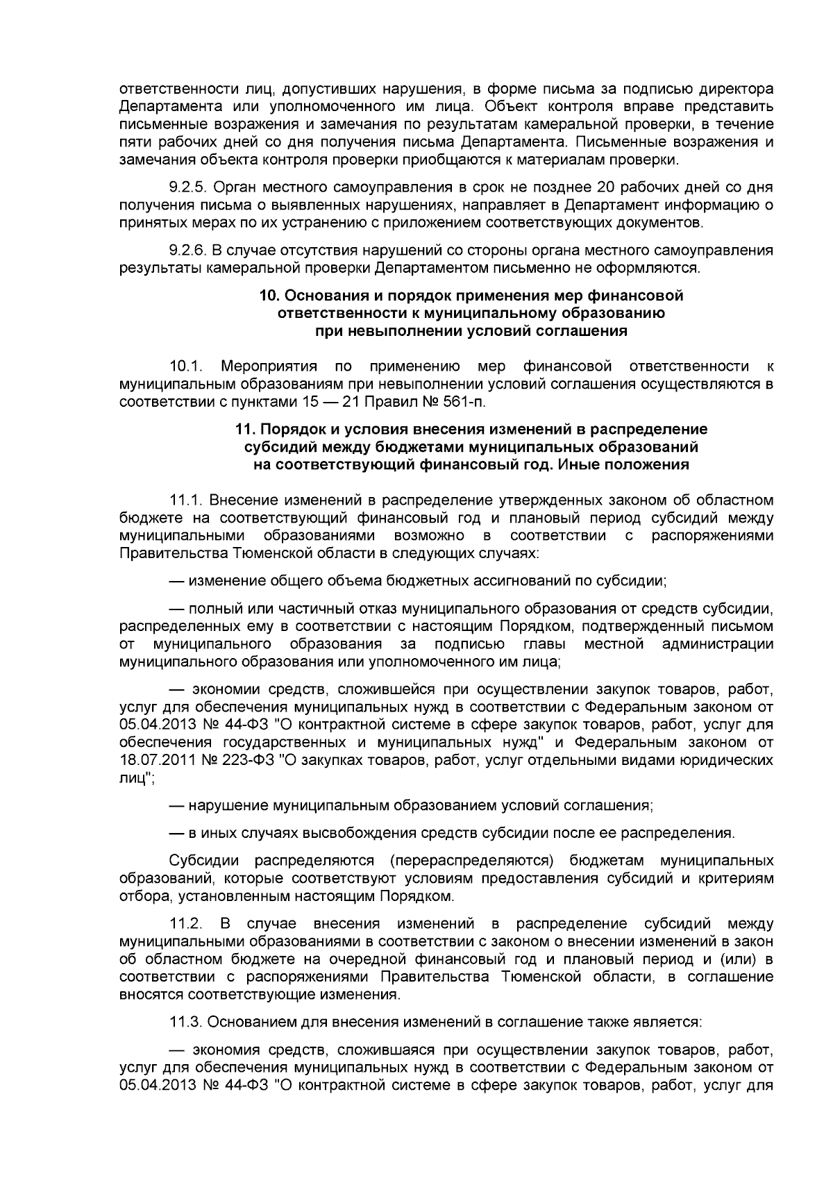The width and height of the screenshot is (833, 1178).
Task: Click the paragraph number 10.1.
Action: click(x=185, y=366)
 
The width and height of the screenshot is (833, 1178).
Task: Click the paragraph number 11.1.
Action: click(x=185, y=500)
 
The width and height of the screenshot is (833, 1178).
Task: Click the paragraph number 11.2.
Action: click(x=185, y=924)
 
